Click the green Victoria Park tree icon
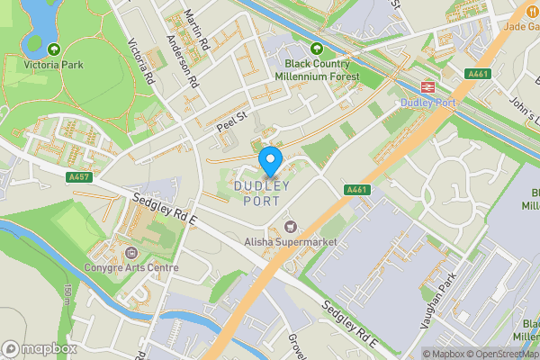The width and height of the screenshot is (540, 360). pyautogui.click(x=54, y=49)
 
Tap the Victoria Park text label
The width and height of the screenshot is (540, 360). pyautogui.click(x=54, y=65)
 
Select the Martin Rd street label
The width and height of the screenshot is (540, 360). pyautogui.click(x=196, y=28)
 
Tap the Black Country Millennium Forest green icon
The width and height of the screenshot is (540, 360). pyautogui.click(x=316, y=49)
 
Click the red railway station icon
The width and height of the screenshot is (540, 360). pyautogui.click(x=427, y=87)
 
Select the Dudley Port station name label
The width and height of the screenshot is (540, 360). pyautogui.click(x=427, y=103)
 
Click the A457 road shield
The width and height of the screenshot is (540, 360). pyautogui.click(x=78, y=177)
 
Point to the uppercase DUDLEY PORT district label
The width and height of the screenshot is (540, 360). pyautogui.click(x=262, y=193)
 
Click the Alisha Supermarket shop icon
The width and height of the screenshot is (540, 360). pyautogui.click(x=290, y=226)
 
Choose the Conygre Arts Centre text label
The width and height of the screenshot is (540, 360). pyautogui.click(x=132, y=267)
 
